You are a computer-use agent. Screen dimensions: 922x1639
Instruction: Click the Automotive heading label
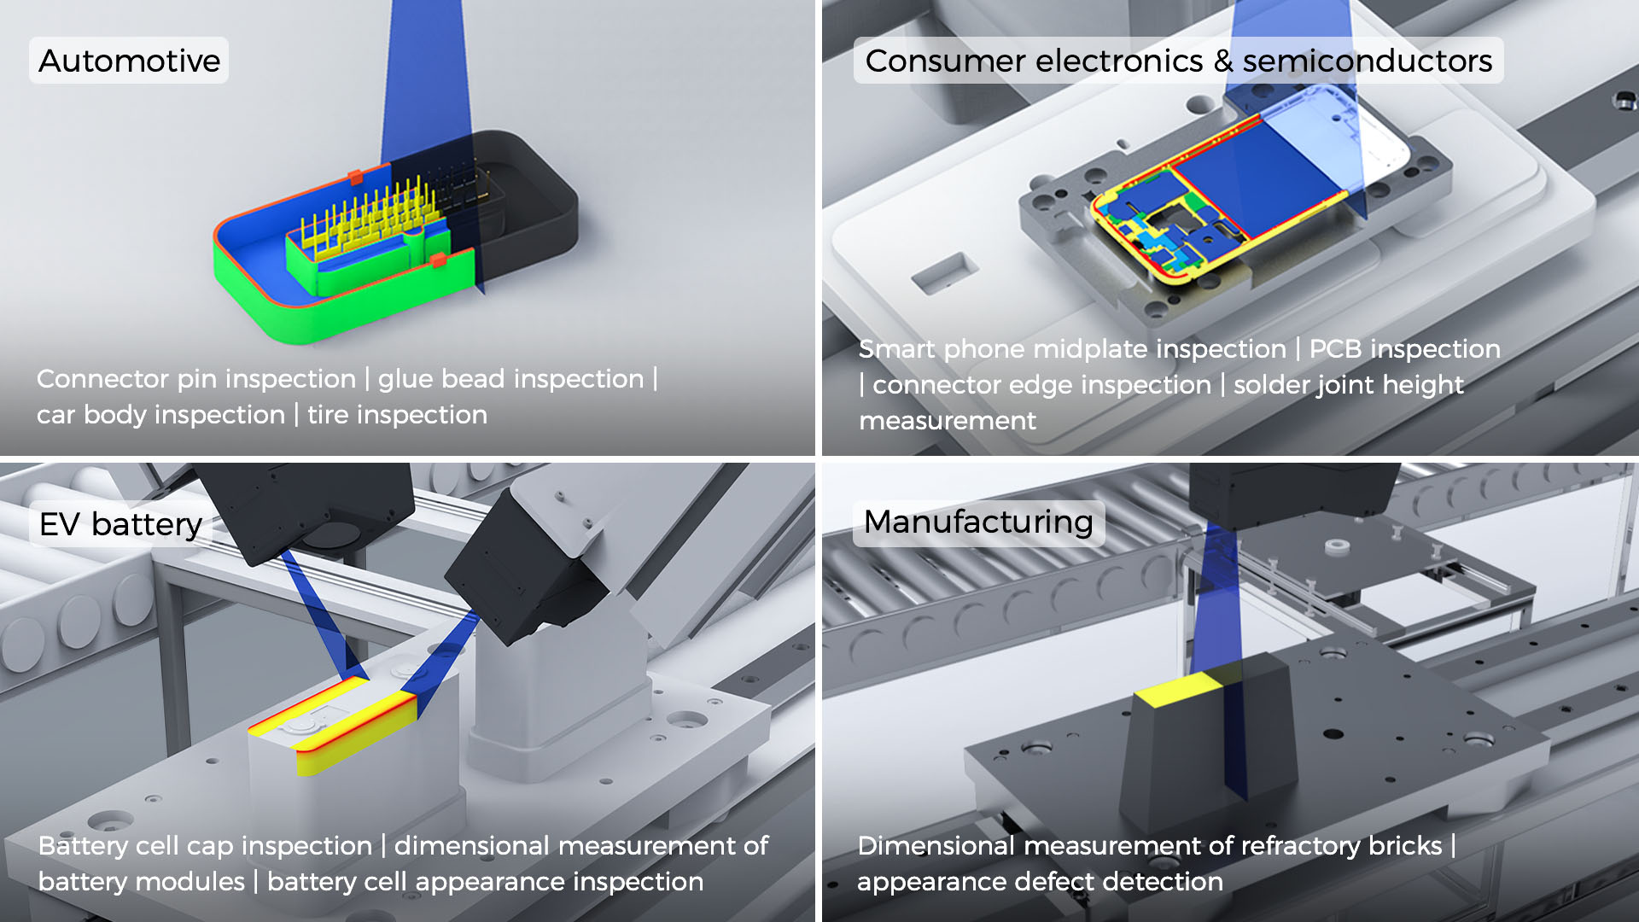pos(129,61)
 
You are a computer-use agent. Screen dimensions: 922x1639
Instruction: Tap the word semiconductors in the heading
pos(1367,61)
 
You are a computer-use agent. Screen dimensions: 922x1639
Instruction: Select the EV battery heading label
pos(120,524)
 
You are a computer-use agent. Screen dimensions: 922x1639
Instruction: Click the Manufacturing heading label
pos(978,522)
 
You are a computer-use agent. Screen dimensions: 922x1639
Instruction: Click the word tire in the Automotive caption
pos(328,415)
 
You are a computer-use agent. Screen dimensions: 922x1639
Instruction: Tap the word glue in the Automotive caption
pos(405,379)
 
